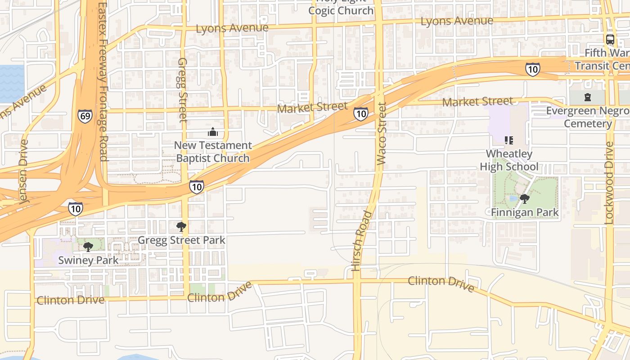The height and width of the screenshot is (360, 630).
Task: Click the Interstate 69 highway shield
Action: pos(85,116)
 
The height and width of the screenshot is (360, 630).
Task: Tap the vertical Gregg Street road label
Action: pos(182,90)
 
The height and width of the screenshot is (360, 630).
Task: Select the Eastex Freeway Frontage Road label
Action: pos(103,81)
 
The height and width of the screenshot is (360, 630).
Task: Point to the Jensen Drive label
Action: pos(24,172)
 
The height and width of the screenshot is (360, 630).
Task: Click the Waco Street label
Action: pos(382,133)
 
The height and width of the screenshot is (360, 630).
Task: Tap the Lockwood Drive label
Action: pos(609,183)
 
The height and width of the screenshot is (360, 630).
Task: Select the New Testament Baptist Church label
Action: pos(213,152)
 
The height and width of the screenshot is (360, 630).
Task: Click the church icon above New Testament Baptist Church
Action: pos(212,132)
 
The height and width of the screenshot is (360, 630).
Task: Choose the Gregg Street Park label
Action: pos(181,240)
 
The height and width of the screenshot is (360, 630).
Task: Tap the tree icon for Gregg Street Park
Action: pos(181,226)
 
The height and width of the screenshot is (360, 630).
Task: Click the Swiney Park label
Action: pos(88,260)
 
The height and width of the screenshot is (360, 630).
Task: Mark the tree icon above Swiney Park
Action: pos(88,246)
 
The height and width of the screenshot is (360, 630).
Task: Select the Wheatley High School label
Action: pos(509,160)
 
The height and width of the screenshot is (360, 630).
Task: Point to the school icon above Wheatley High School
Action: pos(509,140)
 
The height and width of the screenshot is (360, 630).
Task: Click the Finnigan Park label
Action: pos(525,212)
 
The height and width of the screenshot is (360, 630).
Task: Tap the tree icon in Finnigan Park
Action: pos(524,198)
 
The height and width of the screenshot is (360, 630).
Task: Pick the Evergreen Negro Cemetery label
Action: pos(588,117)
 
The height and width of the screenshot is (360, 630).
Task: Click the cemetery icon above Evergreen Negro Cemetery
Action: pos(587,97)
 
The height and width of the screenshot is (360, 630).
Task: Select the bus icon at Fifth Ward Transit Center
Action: pos(610,39)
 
